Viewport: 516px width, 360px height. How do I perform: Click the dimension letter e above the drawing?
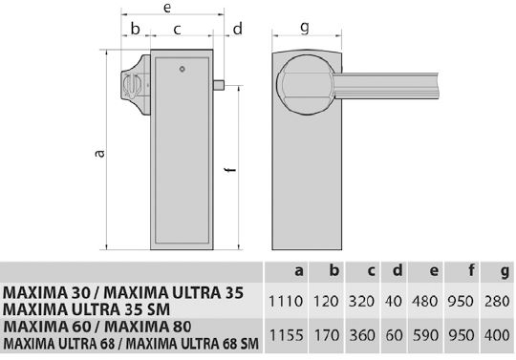167,8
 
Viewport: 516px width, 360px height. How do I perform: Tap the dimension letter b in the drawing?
136,29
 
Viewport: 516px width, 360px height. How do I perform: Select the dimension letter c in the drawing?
177,30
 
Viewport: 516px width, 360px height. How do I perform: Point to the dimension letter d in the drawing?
238,29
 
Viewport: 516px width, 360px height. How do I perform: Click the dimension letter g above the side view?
305,28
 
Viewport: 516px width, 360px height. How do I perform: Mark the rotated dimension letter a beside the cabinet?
99,153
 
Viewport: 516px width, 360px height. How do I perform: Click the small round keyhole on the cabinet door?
182,69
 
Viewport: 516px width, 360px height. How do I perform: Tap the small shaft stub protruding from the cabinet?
219,85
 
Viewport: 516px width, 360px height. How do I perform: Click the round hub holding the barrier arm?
306,85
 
